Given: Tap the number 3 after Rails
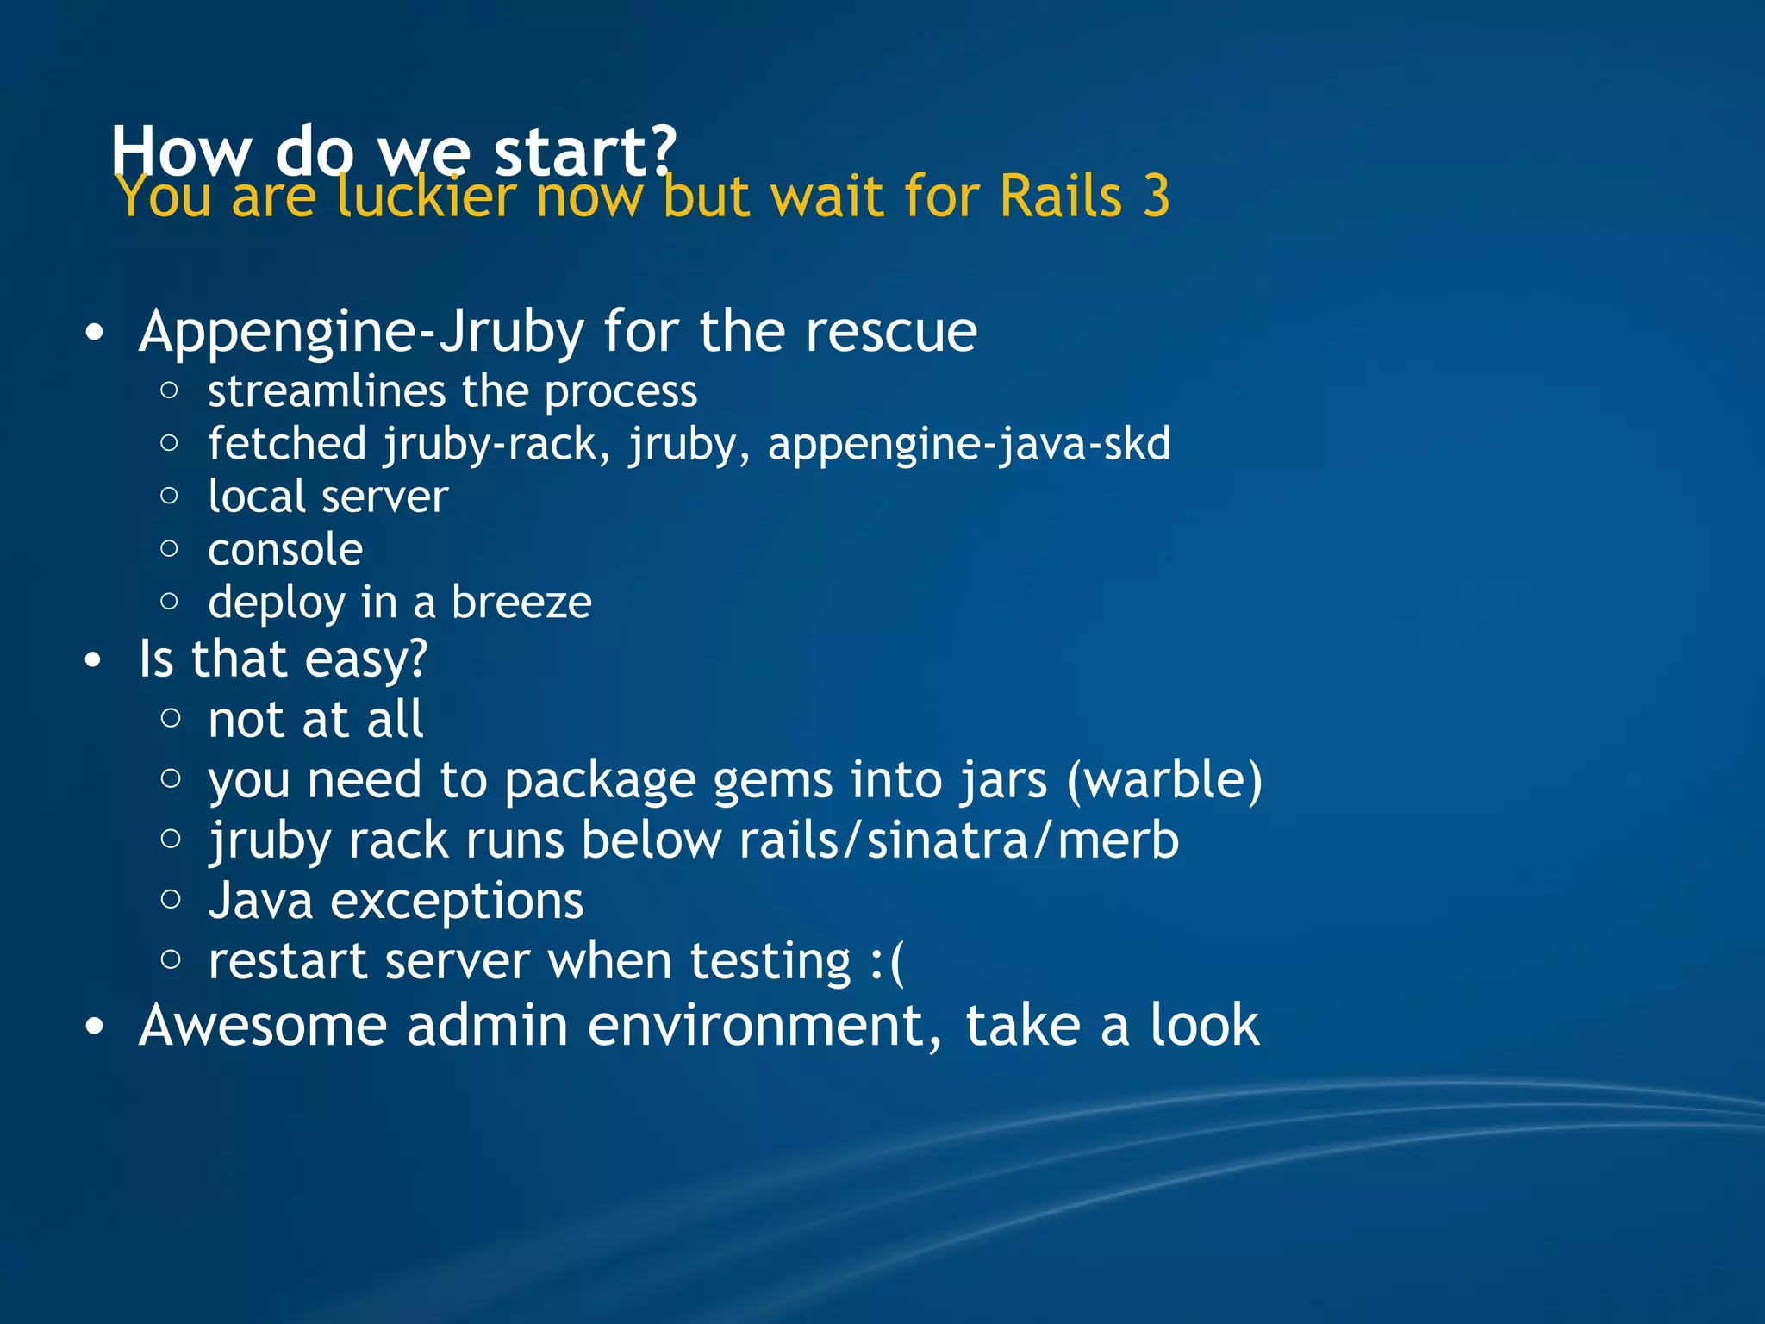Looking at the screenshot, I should click(1156, 197).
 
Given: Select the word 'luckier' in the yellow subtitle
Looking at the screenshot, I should click(426, 197).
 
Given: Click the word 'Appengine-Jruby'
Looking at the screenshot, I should click(361, 333).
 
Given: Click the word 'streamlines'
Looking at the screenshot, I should click(326, 392).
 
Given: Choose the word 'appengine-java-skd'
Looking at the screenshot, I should click(969, 445).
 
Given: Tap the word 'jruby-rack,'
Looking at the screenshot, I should click(496, 445).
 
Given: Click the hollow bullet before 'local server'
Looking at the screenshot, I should click(170, 496).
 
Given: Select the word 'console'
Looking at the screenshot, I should click(285, 550).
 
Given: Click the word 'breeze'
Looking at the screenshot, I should click(521, 602).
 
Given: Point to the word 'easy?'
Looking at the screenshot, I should click(365, 660).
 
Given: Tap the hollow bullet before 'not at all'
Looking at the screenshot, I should click(171, 718).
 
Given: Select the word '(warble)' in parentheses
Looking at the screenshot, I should click(1163, 780).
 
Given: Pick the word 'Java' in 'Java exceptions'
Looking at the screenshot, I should click(260, 902).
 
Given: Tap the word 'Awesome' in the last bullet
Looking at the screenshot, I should click(263, 1026).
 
